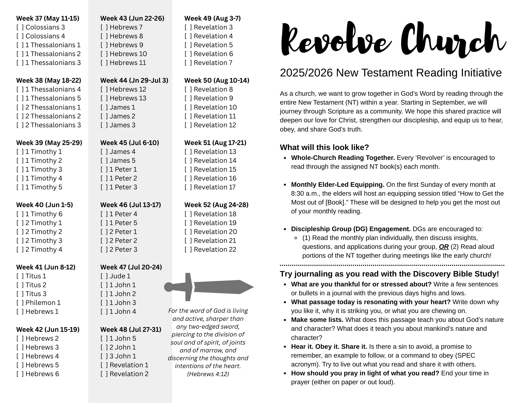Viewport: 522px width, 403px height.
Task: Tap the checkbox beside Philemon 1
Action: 20,303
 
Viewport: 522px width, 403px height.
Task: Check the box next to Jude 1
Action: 104,276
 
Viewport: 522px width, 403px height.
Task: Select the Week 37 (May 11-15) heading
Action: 48,19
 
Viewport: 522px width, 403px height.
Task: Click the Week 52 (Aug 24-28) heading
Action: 216,205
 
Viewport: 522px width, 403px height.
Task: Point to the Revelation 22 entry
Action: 215,250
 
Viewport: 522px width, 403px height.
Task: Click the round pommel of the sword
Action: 168,287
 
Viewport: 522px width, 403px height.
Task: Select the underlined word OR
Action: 444,247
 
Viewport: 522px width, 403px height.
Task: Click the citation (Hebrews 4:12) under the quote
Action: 208,374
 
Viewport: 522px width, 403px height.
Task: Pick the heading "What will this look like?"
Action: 324,147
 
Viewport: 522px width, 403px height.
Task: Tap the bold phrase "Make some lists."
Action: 317,320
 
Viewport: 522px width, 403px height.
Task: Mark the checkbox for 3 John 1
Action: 104,356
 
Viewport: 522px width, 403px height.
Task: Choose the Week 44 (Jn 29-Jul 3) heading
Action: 134,81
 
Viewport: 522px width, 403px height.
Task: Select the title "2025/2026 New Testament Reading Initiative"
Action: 391,73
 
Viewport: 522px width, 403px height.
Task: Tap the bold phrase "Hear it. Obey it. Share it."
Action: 329,347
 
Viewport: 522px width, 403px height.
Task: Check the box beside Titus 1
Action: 20,276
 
